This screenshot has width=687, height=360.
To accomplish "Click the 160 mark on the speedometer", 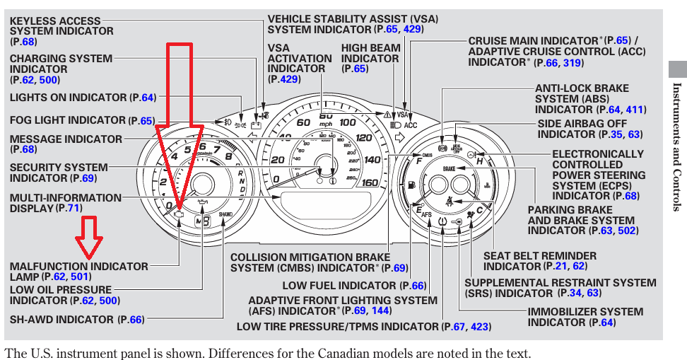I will pyautogui.click(x=369, y=182).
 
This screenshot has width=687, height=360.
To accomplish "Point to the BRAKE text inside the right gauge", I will pyautogui.click(x=450, y=169).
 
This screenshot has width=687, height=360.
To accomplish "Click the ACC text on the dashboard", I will pyautogui.click(x=411, y=125).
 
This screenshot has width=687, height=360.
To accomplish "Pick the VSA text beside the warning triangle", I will pyautogui.click(x=401, y=114).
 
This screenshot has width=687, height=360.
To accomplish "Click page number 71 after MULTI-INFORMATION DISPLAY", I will pyautogui.click(x=74, y=209).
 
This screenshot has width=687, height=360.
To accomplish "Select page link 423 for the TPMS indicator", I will pyautogui.click(x=480, y=327).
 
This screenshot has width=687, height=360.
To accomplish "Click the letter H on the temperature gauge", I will pyautogui.click(x=480, y=162).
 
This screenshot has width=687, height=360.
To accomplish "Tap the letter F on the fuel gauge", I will pyautogui.click(x=420, y=162).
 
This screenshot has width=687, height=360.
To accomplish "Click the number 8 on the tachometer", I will pyautogui.click(x=228, y=156).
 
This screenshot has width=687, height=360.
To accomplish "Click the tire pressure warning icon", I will pyautogui.click(x=442, y=221).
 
